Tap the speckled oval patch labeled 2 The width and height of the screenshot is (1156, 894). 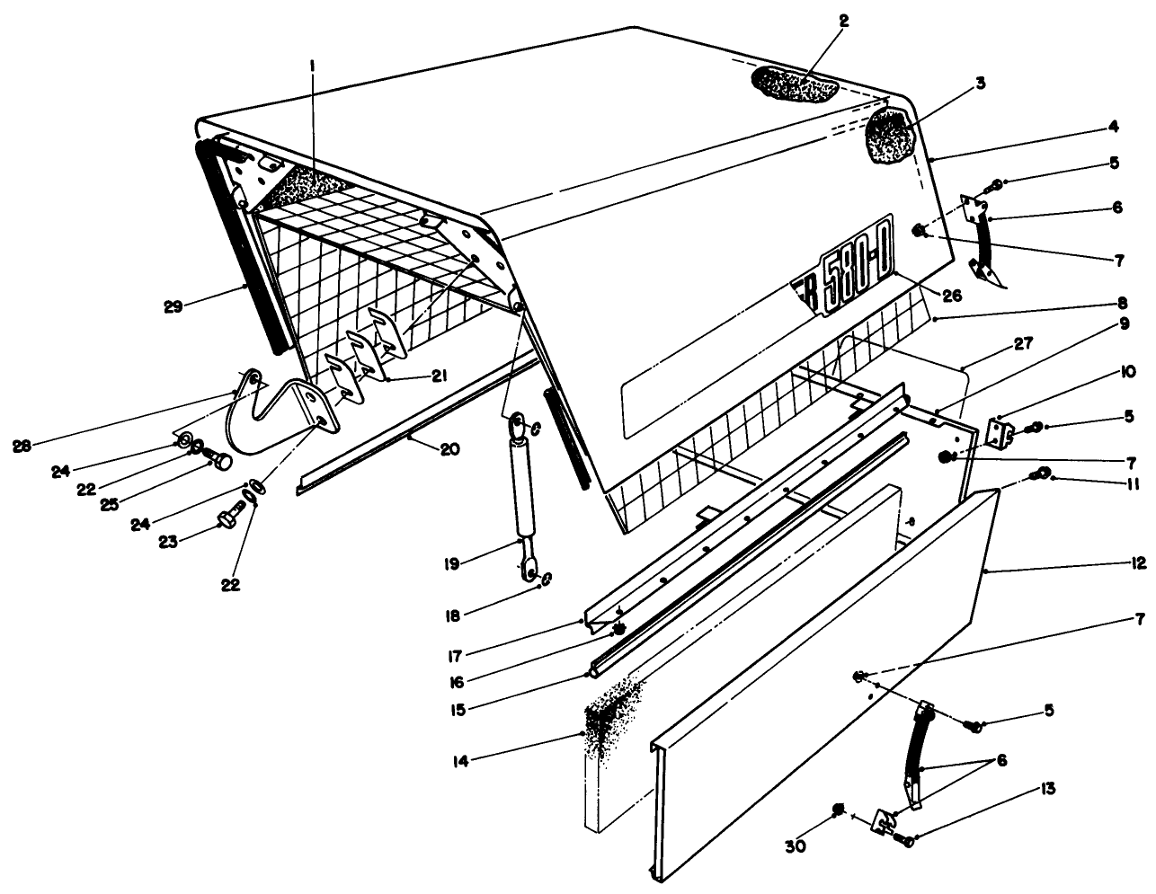pyautogui.click(x=794, y=85)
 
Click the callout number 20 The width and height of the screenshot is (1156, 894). pyautogui.click(x=449, y=448)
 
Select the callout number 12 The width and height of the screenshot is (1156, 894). pyautogui.click(x=1139, y=564)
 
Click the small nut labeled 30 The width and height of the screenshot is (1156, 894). pyautogui.click(x=838, y=810)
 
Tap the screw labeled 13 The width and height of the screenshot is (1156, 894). pyautogui.click(x=903, y=840)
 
